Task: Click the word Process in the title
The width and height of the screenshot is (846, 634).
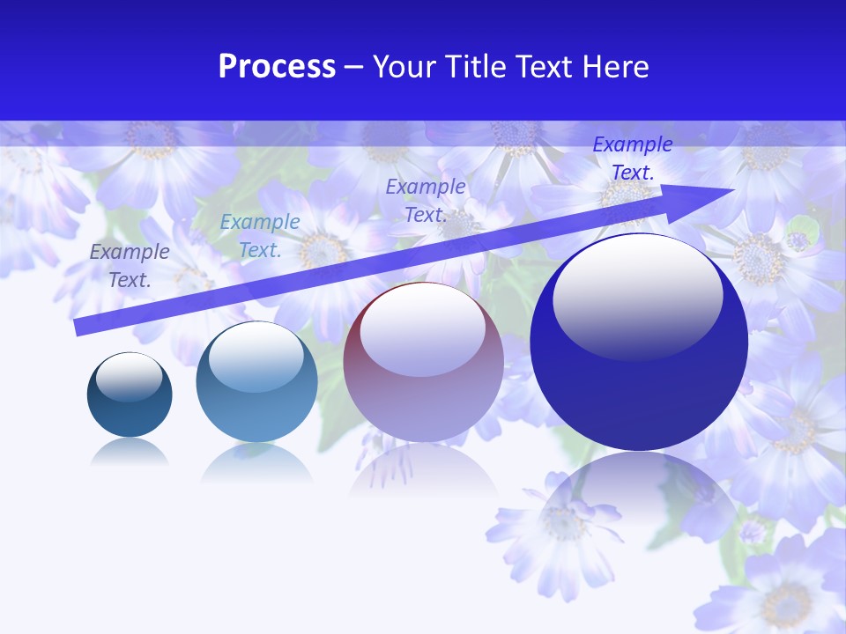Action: [x=277, y=67]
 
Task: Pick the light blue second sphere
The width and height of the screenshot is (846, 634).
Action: [x=256, y=383]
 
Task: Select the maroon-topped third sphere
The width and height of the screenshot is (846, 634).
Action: [x=423, y=363]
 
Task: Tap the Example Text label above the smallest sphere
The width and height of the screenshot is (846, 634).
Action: [x=130, y=266]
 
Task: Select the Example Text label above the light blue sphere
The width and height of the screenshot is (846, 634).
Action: [x=260, y=236]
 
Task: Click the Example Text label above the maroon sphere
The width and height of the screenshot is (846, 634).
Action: [x=426, y=200]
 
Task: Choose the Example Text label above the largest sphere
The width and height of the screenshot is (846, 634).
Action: [x=633, y=158]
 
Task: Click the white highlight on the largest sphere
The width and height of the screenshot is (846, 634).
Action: [x=637, y=295]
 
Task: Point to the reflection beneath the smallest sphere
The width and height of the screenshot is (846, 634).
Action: [x=130, y=453]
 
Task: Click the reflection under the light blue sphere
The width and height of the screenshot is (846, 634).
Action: [x=256, y=463]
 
